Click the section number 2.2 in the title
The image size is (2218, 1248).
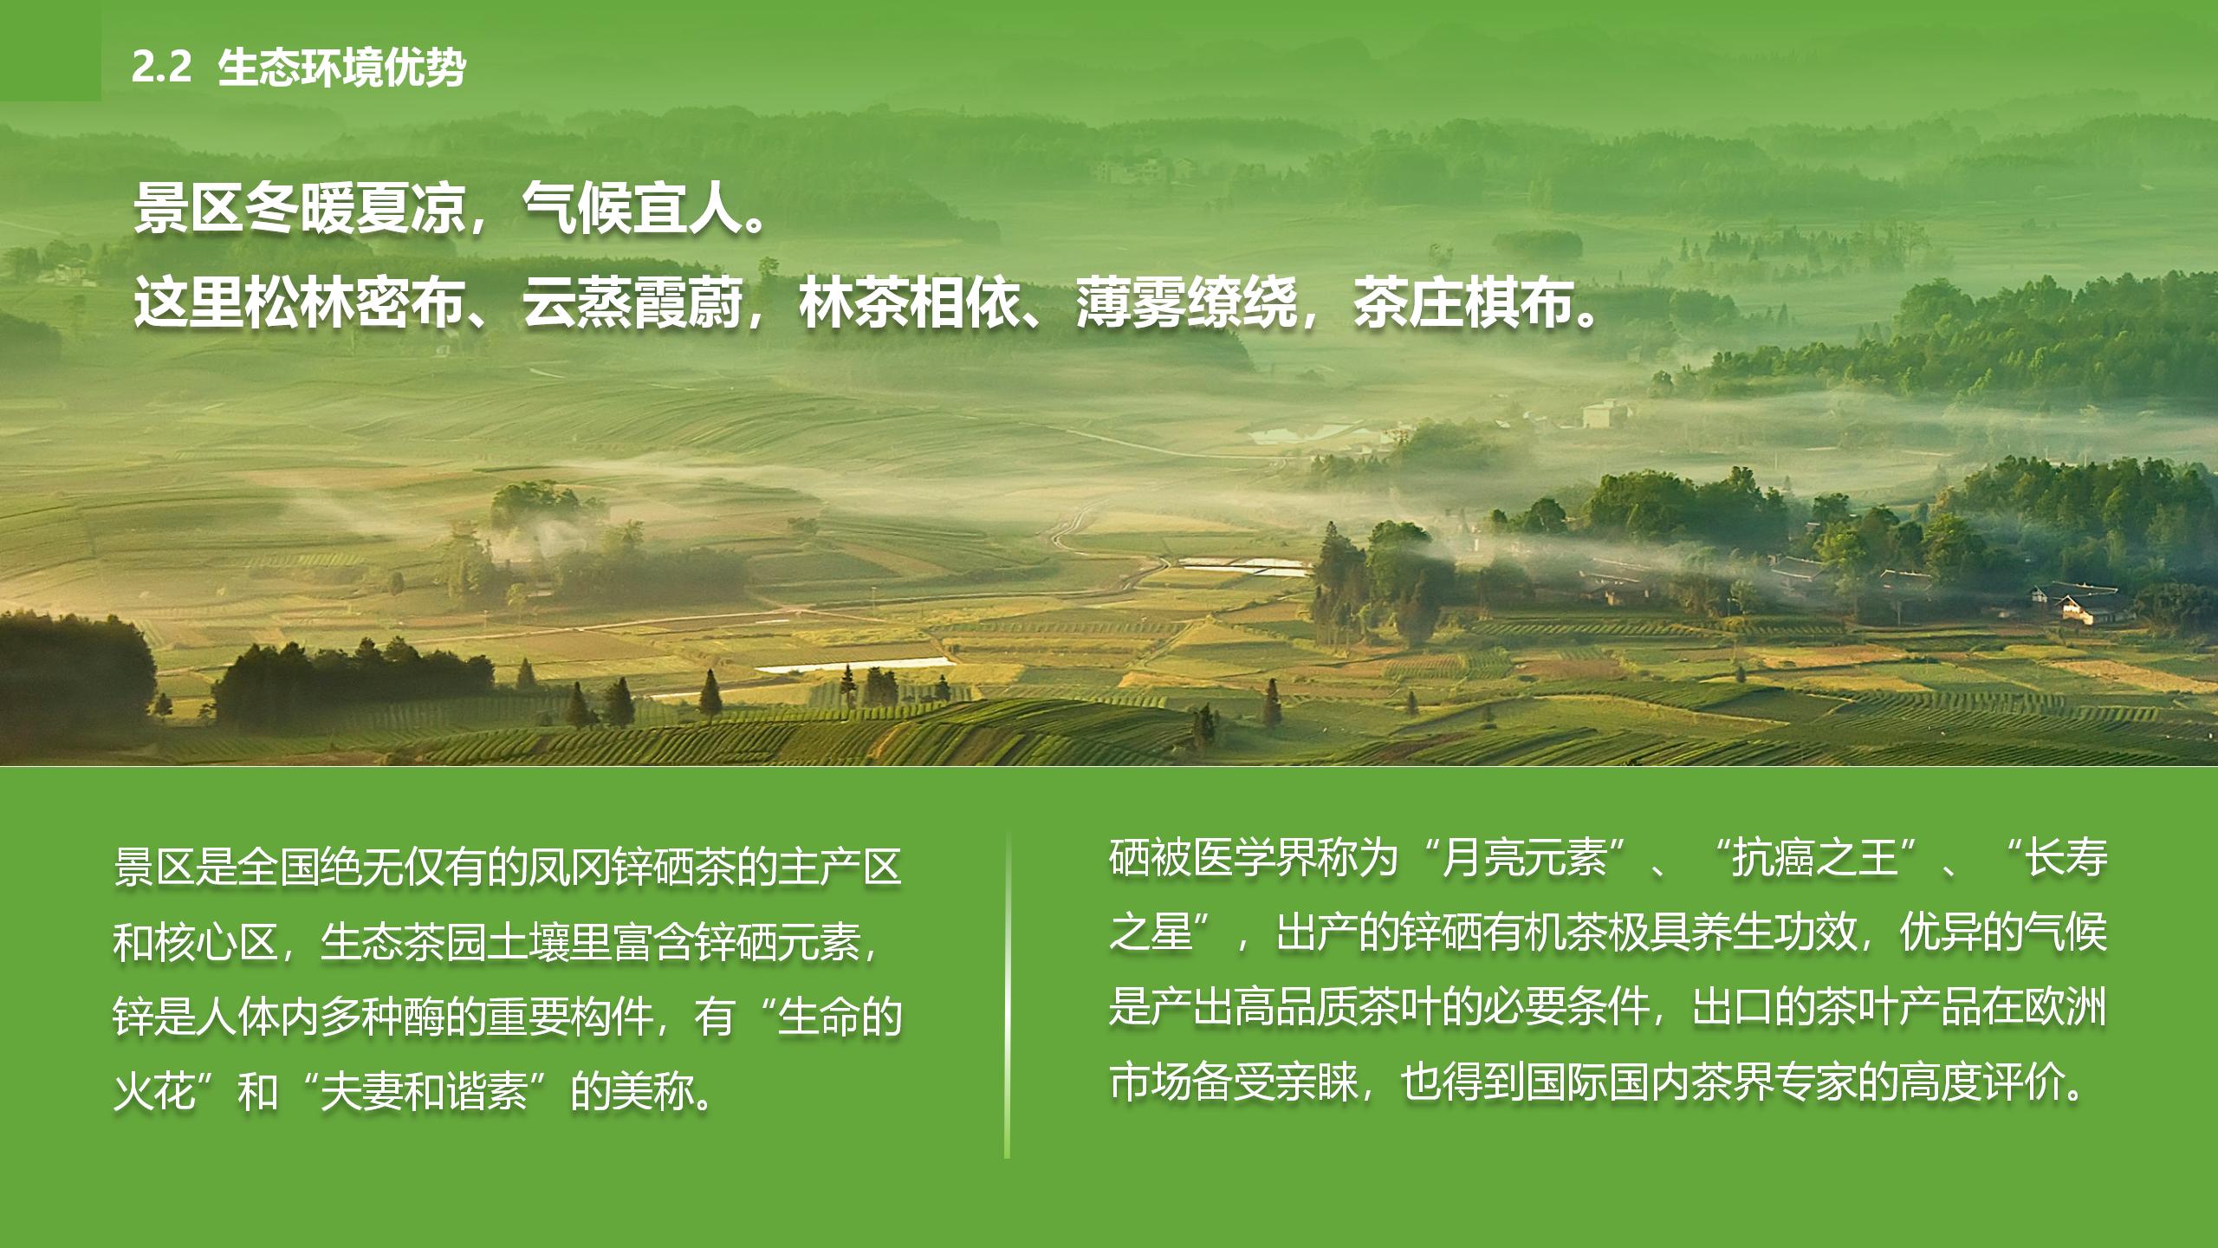[x=161, y=68]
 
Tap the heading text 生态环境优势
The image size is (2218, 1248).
[x=341, y=68]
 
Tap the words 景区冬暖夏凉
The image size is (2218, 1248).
[x=299, y=209]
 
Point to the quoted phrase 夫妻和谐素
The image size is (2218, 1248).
[x=424, y=1091]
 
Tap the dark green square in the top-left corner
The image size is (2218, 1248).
[x=50, y=50]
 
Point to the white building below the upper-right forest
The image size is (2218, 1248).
[x=1605, y=413]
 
